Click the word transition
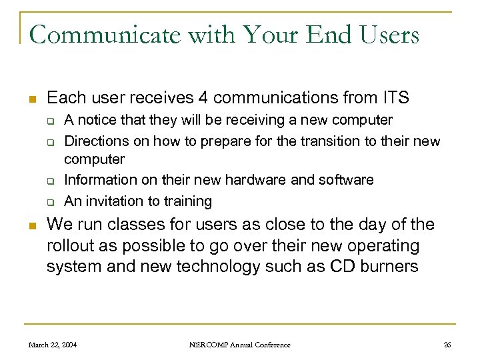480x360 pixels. point(318,141)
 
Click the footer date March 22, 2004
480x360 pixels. point(52,345)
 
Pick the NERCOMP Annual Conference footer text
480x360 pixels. point(240,345)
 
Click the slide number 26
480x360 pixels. point(447,345)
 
